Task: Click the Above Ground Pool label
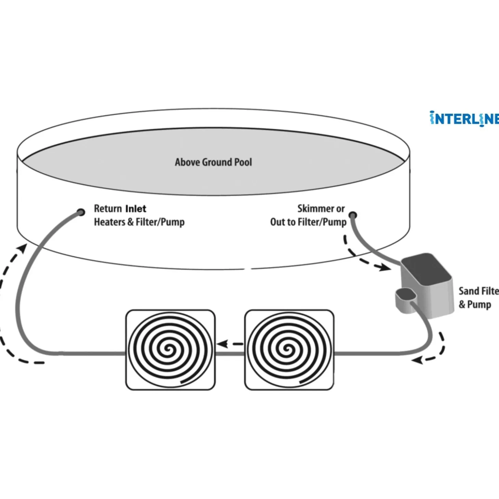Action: pos(213,162)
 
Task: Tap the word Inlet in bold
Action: pos(136,208)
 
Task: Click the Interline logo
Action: pos(464,119)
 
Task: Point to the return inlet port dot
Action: pos(81,212)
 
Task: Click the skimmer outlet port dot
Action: pos(353,215)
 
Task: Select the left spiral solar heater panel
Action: pos(170,350)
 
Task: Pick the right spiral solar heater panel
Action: pos(289,350)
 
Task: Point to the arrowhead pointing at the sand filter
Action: pos(386,268)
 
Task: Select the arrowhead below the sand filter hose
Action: pos(418,360)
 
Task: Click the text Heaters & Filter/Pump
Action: pos(139,222)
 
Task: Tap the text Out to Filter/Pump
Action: pos(308,222)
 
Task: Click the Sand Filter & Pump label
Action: pos(478,298)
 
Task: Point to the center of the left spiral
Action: pos(168,349)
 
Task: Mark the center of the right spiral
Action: pos(288,349)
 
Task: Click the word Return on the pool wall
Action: pos(108,208)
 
